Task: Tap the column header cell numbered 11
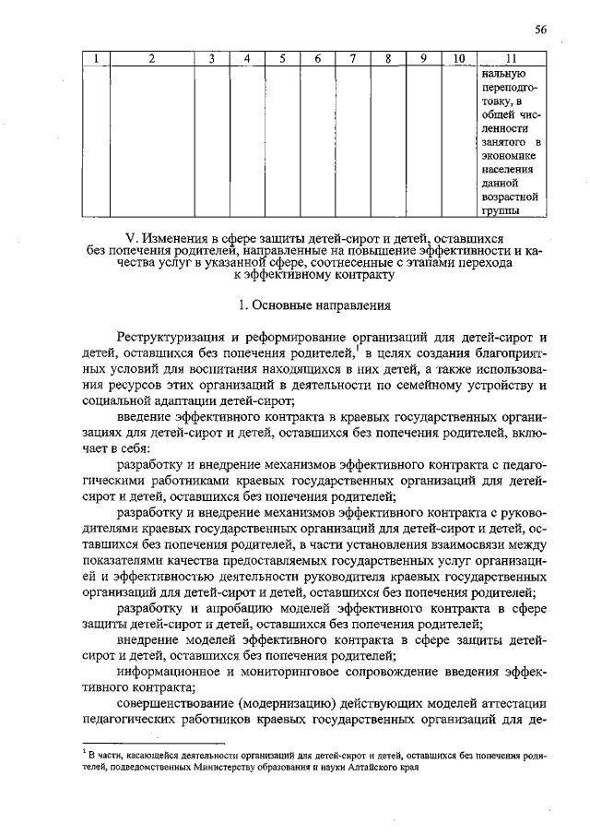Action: (509, 60)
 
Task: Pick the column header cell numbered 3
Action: (211, 60)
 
